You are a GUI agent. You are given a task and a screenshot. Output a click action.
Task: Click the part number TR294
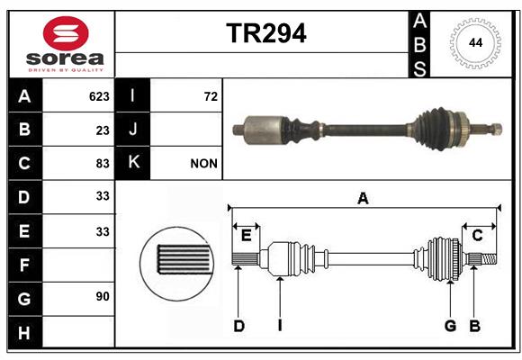(266, 33)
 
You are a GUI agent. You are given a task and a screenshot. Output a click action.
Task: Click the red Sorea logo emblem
(66, 33)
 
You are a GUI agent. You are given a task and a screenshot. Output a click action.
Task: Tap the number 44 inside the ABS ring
(475, 43)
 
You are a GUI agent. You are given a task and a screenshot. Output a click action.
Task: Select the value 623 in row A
(99, 96)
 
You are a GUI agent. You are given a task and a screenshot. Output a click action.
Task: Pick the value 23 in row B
(103, 130)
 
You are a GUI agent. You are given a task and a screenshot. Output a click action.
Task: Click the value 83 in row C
(103, 164)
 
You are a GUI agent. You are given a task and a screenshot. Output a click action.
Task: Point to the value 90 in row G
(103, 296)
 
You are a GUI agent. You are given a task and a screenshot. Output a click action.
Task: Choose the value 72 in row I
(211, 96)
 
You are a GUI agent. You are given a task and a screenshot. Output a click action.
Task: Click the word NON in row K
(203, 164)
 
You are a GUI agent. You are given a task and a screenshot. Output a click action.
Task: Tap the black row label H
(24, 332)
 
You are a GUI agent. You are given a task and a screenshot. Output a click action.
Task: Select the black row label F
(24, 265)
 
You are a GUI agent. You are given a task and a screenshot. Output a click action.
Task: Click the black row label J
(132, 130)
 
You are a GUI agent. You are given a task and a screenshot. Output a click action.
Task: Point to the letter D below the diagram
(239, 326)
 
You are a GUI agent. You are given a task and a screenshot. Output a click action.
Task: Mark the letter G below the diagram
(450, 326)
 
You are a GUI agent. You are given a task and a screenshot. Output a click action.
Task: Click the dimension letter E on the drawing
(246, 236)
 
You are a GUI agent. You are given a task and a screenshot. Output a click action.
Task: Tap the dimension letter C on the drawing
(477, 236)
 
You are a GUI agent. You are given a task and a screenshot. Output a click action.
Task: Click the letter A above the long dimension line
(363, 199)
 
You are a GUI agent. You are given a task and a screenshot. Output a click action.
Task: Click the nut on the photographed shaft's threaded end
(497, 129)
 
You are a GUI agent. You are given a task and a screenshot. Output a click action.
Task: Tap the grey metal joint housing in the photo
(265, 130)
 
